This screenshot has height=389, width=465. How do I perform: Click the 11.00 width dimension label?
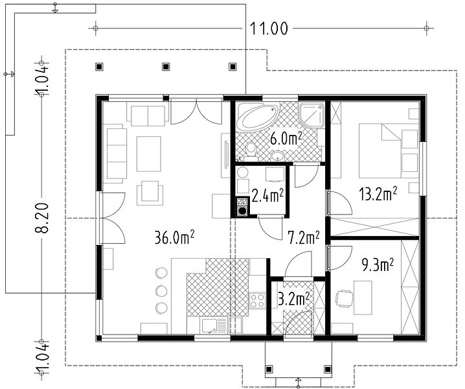(x=269, y=29)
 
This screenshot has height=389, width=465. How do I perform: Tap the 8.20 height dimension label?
(x=41, y=218)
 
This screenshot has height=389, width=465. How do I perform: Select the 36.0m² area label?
(x=175, y=237)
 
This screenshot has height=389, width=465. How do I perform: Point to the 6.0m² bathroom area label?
(x=286, y=138)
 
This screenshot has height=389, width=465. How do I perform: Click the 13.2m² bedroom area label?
(x=378, y=194)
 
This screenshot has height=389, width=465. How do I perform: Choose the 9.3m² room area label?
(x=378, y=265)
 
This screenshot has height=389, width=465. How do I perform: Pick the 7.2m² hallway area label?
(x=304, y=238)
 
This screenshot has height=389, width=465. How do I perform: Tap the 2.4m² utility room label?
(x=267, y=196)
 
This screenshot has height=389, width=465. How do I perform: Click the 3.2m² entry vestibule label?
(x=293, y=299)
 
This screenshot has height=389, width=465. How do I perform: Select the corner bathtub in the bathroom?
(x=258, y=117)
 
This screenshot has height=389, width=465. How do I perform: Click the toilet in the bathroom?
(x=251, y=149)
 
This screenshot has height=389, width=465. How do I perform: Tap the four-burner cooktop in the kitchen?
(x=257, y=301)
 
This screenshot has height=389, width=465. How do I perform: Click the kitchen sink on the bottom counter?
(x=214, y=327)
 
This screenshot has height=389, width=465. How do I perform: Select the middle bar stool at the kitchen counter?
(x=162, y=290)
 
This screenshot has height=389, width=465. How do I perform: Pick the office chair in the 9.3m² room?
(x=344, y=298)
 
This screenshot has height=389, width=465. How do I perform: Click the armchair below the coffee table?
(x=150, y=193)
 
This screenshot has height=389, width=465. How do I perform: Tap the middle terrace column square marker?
(x=166, y=67)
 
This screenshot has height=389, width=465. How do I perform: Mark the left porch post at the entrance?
(x=269, y=369)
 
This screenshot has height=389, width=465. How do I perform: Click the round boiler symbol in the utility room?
(x=243, y=211)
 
